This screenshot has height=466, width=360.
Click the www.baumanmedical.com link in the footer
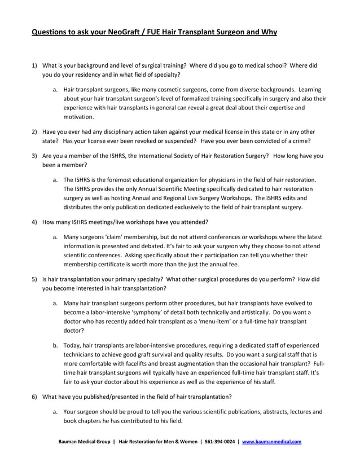tap(271, 442)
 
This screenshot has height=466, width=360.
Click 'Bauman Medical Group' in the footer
tap(83, 442)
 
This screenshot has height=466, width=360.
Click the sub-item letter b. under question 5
tap(55, 345)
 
